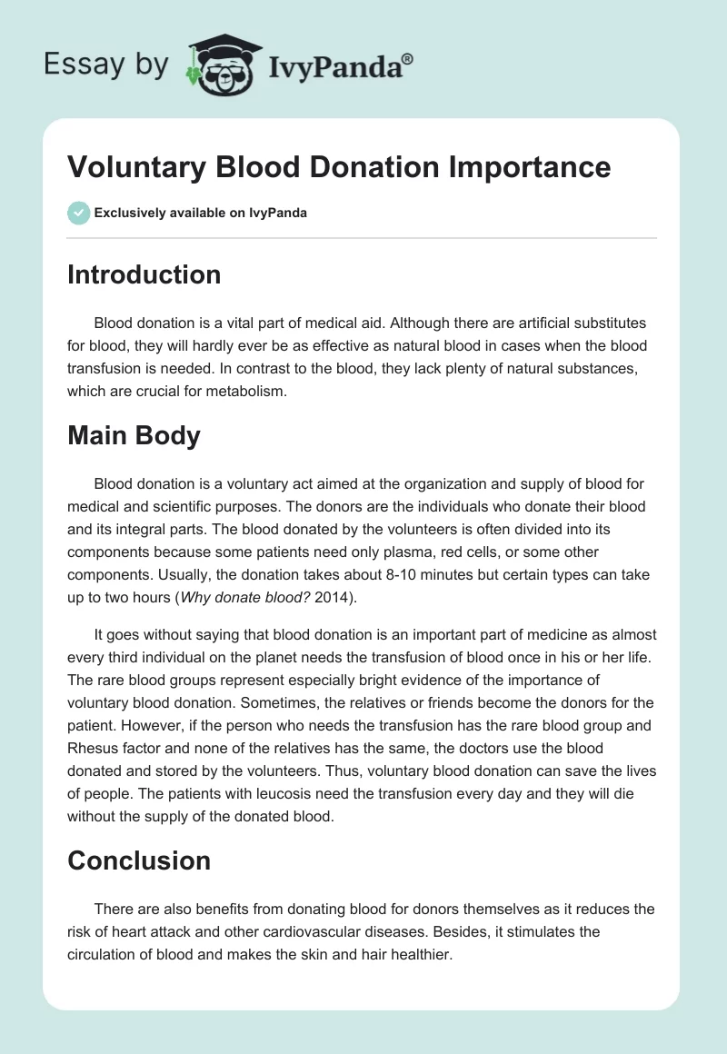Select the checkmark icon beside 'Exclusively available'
point(78,213)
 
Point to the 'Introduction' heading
point(144,274)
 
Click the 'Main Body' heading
point(134,435)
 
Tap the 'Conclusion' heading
point(139,860)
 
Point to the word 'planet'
point(266,657)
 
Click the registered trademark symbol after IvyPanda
point(408,57)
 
